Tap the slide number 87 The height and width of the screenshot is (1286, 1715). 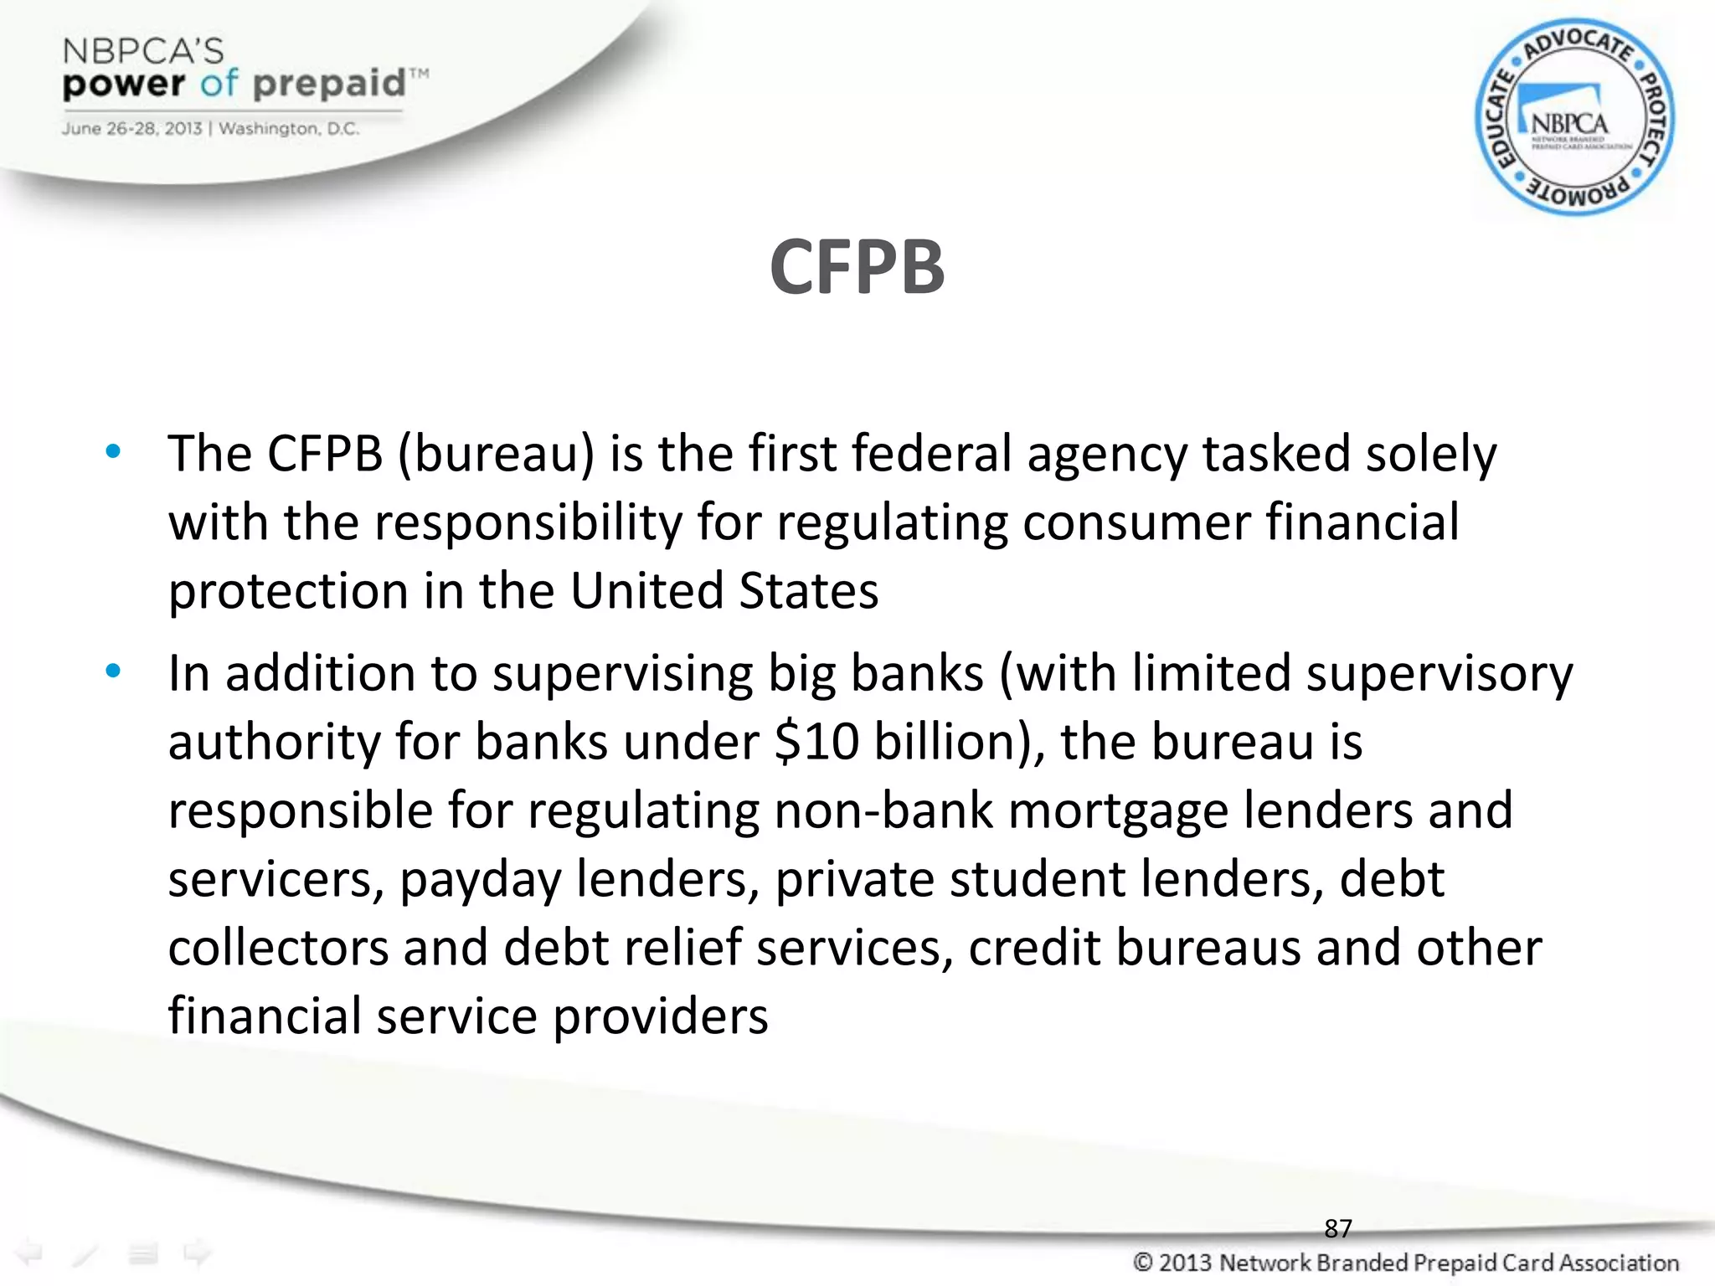click(1337, 1228)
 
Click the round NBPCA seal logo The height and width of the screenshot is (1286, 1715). click(1573, 118)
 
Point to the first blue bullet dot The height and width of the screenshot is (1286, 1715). click(113, 453)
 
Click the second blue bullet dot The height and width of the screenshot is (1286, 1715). click(113, 671)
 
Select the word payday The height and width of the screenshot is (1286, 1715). click(479, 880)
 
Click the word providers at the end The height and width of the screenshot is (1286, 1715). click(660, 1016)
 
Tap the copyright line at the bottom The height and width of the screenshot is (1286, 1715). click(1405, 1263)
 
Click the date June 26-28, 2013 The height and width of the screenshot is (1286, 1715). click(131, 129)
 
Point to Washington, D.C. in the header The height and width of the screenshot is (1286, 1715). click(289, 129)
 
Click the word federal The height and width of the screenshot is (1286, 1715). click(931, 454)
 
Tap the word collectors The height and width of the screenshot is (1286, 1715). click(278, 948)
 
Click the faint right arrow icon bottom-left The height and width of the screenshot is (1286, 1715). click(198, 1253)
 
